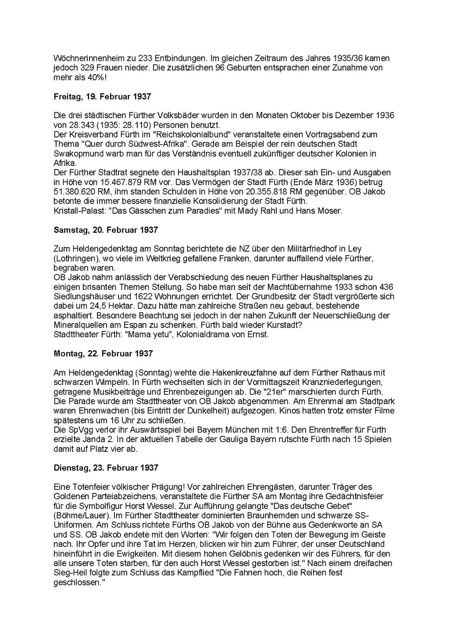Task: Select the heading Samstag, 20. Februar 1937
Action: [x=106, y=230]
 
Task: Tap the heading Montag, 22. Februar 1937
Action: [x=103, y=353]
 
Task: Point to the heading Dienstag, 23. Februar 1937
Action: [x=106, y=468]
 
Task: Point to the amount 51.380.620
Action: [x=74, y=192]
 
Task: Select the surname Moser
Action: [x=330, y=211]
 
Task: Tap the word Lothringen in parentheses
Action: [x=75, y=258]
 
